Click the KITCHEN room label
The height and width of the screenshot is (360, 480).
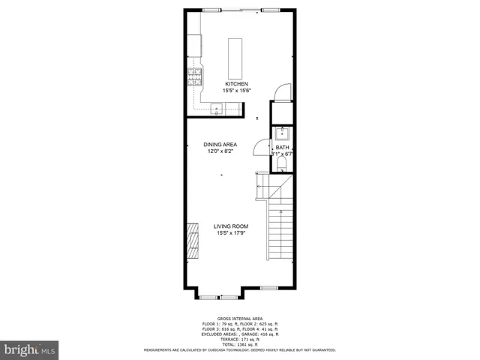click(236, 84)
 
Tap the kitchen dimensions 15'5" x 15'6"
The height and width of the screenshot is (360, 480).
click(236, 91)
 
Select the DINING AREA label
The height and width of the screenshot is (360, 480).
click(220, 144)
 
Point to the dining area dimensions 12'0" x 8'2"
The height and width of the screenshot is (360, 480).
click(220, 151)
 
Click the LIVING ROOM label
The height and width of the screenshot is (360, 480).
click(230, 226)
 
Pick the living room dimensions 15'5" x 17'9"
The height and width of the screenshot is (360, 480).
click(230, 232)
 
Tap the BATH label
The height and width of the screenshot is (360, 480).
click(281, 147)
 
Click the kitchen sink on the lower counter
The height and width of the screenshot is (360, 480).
click(216, 109)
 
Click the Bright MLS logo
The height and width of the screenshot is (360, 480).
click(30, 349)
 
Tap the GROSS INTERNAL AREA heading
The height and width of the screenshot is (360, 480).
click(239, 319)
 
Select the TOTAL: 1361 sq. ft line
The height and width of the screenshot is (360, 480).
click(239, 344)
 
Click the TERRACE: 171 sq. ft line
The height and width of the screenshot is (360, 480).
click(239, 339)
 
